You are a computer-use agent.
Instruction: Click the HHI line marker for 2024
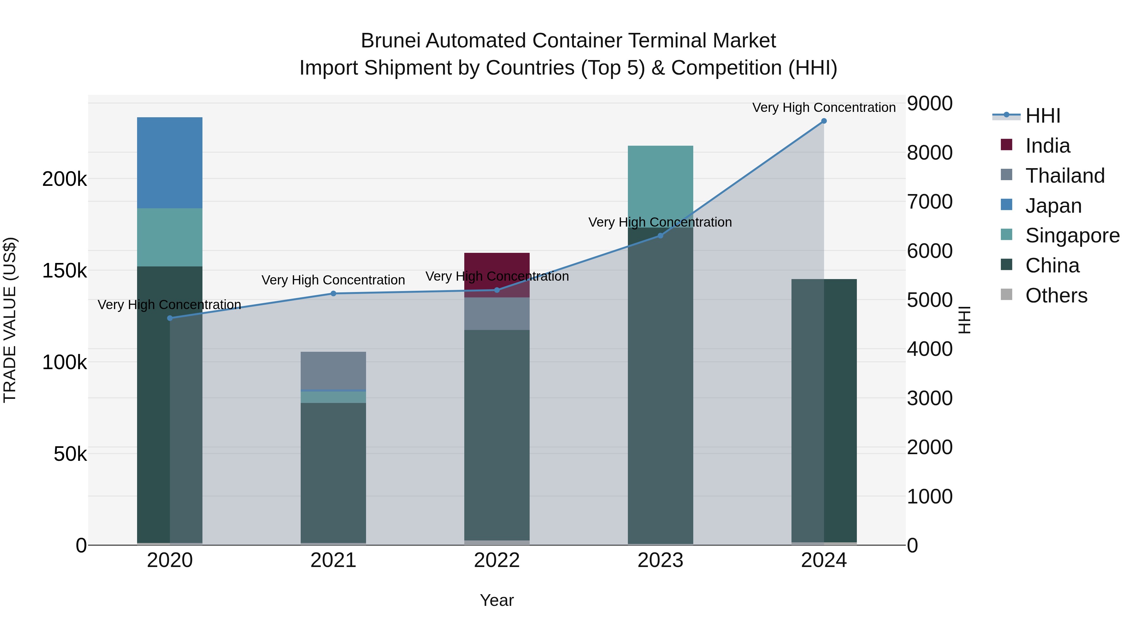point(824,121)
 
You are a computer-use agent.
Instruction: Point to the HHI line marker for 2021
point(333,294)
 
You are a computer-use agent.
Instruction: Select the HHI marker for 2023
point(660,236)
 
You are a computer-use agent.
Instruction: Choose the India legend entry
point(1047,146)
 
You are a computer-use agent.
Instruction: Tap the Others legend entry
point(1056,296)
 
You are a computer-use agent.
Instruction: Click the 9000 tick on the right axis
point(929,103)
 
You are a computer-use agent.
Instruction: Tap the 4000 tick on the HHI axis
point(929,349)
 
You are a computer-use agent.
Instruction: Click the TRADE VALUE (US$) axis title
point(10,320)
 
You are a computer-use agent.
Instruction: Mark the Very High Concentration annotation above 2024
point(824,107)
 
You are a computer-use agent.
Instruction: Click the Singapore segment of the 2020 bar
point(170,237)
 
